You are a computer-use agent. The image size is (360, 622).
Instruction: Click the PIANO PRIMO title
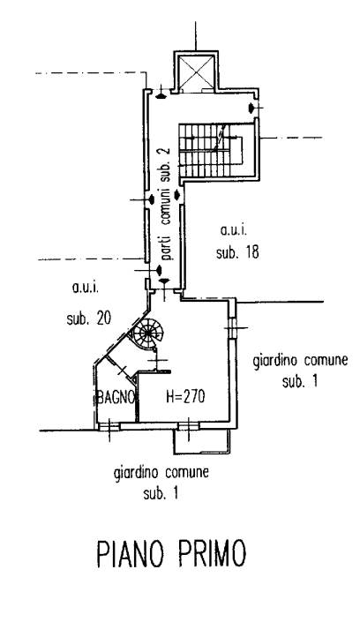[171, 553]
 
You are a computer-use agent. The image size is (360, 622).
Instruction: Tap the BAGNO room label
[116, 397]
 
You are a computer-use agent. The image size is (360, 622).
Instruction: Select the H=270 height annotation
[185, 396]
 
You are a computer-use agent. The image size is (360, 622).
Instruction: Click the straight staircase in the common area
[210, 150]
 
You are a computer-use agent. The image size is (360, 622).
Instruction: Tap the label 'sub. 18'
[237, 252]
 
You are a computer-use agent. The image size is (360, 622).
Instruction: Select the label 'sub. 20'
[88, 318]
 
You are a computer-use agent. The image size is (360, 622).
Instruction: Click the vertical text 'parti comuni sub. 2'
[166, 203]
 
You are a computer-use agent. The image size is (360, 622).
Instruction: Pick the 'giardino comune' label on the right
[300, 362]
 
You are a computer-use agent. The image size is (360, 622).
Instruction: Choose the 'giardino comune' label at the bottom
[161, 473]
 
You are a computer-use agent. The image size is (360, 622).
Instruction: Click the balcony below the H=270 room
[202, 441]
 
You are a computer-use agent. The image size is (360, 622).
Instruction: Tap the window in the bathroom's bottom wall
[109, 426]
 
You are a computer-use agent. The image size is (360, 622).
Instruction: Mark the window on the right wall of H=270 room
[233, 328]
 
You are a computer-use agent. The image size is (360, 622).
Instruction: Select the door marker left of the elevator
[161, 94]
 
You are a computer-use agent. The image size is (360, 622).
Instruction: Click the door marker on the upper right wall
[251, 108]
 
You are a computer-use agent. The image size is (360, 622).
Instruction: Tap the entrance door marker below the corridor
[164, 281]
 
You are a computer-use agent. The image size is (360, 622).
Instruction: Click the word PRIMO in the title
[211, 553]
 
